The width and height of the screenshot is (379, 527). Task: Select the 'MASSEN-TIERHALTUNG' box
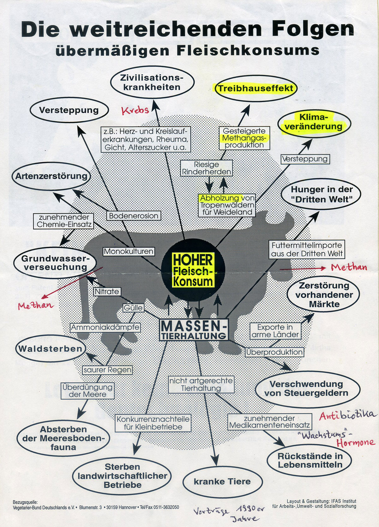(194, 330)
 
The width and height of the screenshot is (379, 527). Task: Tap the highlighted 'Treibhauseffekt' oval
(256, 88)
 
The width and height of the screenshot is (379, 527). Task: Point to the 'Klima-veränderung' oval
(314, 122)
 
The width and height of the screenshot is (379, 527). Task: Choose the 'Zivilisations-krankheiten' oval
(152, 82)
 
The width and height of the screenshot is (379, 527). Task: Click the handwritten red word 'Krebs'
(135, 110)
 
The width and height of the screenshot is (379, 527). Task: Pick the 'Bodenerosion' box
(134, 216)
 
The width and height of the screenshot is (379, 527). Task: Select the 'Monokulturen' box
(129, 251)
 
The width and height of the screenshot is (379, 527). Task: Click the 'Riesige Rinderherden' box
(207, 168)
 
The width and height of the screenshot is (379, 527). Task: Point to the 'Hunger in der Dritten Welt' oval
(322, 194)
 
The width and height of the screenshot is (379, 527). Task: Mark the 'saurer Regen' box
(108, 370)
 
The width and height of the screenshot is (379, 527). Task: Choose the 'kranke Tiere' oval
(222, 482)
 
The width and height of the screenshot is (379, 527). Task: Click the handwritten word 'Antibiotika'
(348, 415)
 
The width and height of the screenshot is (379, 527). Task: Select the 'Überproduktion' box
(274, 352)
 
